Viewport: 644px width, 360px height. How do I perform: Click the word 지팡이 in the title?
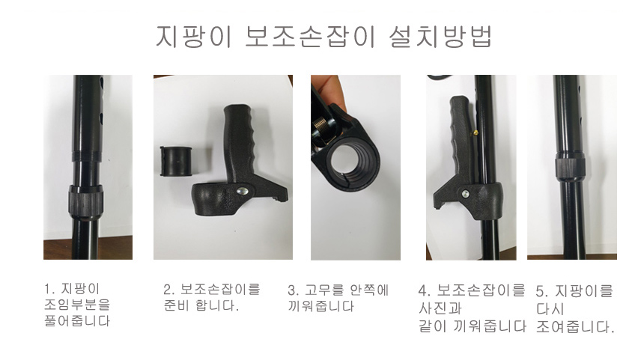(x=194, y=37)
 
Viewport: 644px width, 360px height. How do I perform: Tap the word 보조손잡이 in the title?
(x=311, y=37)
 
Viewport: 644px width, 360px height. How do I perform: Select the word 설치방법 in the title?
(x=440, y=37)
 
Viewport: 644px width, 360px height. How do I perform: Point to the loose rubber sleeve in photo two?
(x=177, y=162)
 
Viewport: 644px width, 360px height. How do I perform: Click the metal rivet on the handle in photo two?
(x=243, y=192)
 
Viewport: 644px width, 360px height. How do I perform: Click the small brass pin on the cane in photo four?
(x=476, y=132)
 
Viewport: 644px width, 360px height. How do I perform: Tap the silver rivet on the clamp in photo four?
(x=465, y=194)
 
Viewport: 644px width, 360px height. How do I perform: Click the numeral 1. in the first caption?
(x=49, y=289)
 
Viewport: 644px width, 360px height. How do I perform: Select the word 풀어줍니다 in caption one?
(x=77, y=320)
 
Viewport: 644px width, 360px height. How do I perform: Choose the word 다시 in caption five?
(x=550, y=308)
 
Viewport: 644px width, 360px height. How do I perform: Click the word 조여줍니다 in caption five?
(x=575, y=327)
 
